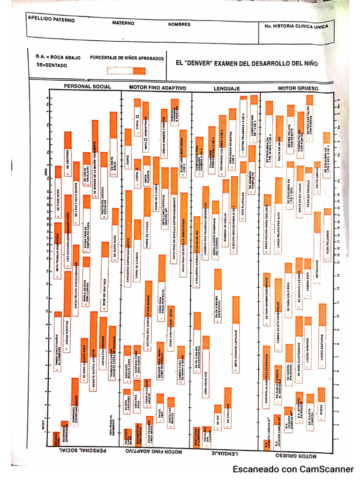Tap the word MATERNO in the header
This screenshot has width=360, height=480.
pos(123,23)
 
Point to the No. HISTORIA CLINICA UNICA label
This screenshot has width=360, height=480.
pos(296,27)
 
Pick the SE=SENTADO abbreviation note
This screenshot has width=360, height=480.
pos(51,65)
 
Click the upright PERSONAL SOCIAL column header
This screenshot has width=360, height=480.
pos(87,87)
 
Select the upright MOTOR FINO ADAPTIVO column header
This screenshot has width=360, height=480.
pos(157,88)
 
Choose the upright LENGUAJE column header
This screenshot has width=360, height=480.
pos(227,88)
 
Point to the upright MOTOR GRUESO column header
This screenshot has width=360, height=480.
pos(298,88)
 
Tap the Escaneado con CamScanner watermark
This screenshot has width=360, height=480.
pos(293,469)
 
